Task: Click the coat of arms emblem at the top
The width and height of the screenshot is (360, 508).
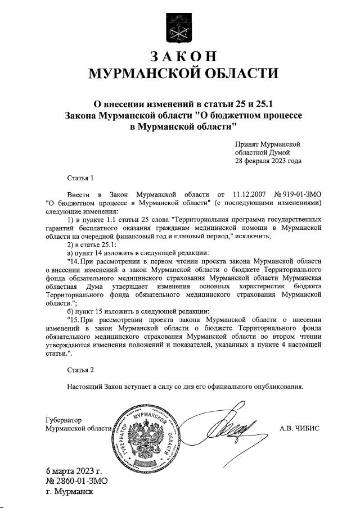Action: pyautogui.click(x=179, y=26)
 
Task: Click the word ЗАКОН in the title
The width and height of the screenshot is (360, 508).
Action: pyautogui.click(x=183, y=57)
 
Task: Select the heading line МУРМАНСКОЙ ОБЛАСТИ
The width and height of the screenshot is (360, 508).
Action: pyautogui.click(x=184, y=74)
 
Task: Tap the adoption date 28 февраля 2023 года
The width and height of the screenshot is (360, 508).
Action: pyautogui.click(x=268, y=161)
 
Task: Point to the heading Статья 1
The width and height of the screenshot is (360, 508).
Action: pyautogui.click(x=80, y=178)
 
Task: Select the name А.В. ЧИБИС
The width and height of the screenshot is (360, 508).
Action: pyautogui.click(x=299, y=428)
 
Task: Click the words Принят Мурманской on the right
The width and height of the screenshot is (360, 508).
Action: pyautogui.click(x=268, y=144)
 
